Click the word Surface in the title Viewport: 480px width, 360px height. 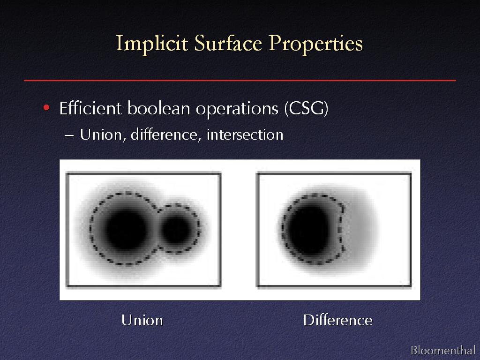228,43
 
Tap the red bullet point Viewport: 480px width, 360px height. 46,107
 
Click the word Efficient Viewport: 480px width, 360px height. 90,108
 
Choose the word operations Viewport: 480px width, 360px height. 237,109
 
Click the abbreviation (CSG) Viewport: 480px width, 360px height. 306,108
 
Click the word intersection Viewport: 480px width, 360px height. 245,135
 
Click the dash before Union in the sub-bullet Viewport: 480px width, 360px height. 69,135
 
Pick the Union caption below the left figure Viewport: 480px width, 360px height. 142,321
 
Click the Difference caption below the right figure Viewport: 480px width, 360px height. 337,320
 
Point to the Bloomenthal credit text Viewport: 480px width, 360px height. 442,350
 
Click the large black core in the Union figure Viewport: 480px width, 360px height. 126,229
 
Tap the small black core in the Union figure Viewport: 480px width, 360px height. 177,229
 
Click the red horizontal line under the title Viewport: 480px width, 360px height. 240,80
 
